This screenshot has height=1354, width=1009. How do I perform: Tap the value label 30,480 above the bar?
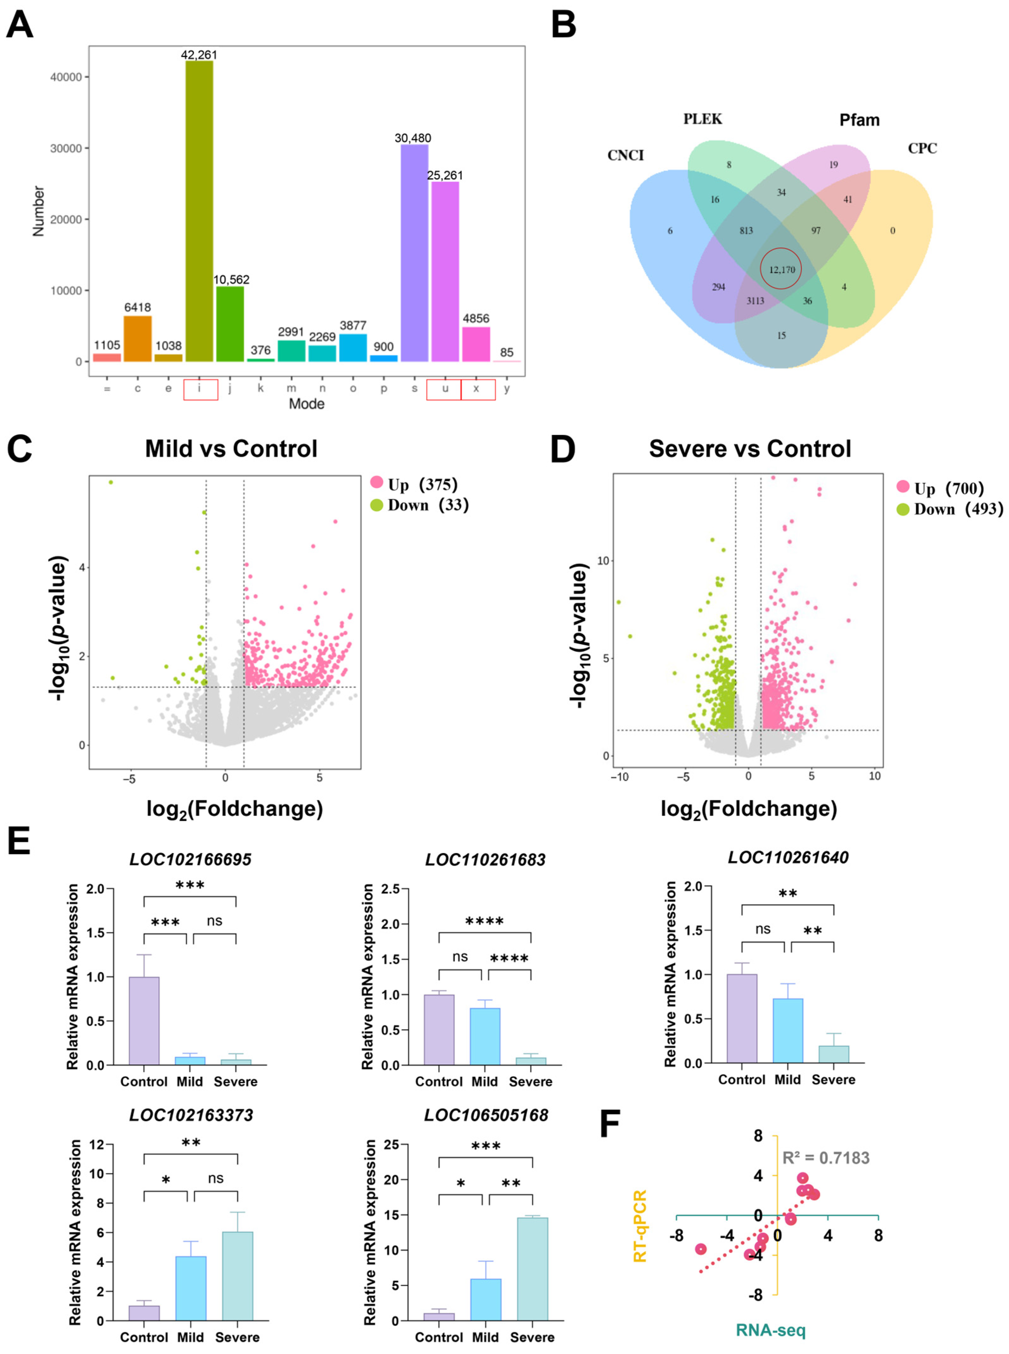(x=412, y=138)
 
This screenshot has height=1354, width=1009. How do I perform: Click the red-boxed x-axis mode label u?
(x=445, y=389)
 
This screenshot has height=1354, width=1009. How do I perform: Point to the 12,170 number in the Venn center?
(x=782, y=269)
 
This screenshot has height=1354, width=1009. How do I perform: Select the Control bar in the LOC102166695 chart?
(x=144, y=1021)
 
